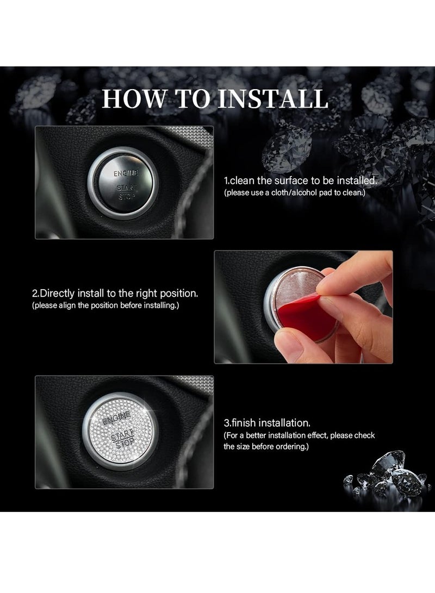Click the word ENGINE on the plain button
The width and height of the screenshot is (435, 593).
point(126,173)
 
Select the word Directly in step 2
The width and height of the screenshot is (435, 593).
point(59,294)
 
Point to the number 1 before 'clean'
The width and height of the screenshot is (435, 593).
point(226,180)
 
